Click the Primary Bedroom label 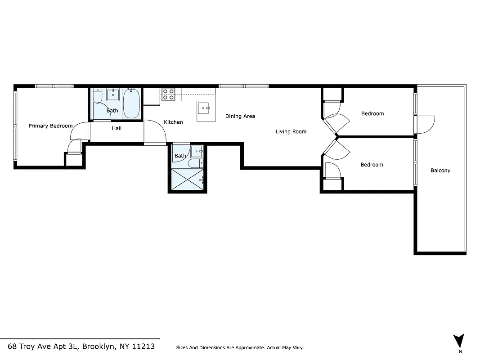(x=50, y=126)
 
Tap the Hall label (x=117, y=128)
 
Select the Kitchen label (x=173, y=122)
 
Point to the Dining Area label (x=240, y=116)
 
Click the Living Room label (x=291, y=132)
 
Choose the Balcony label (x=440, y=171)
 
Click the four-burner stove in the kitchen (x=168, y=94)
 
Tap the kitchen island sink (x=206, y=108)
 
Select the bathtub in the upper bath (x=132, y=103)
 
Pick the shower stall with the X (x=188, y=180)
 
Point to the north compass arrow (x=459, y=341)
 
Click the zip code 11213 (x=142, y=346)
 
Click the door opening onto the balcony (x=426, y=124)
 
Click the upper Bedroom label (x=372, y=113)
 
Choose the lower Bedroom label (x=372, y=165)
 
